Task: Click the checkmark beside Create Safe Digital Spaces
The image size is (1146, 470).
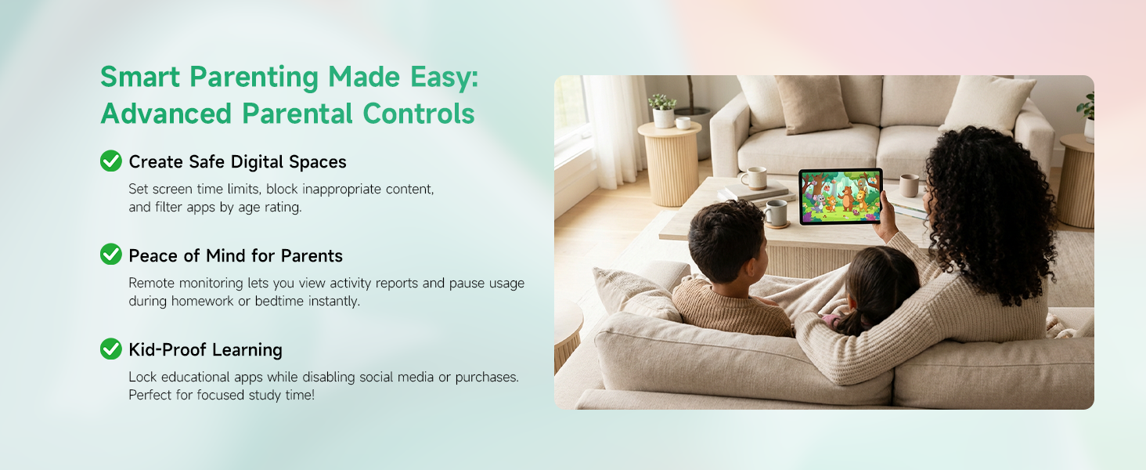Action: [x=111, y=161]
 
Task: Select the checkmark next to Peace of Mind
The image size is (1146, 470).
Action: [x=111, y=255]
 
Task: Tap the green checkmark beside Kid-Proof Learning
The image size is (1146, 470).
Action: [x=111, y=349]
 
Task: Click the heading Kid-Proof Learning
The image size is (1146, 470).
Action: [x=205, y=349]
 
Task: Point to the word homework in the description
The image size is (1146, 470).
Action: [x=206, y=301]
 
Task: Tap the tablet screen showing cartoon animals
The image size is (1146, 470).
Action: [x=839, y=196]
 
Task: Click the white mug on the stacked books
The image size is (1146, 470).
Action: [x=754, y=178]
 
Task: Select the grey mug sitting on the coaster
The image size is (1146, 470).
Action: [x=776, y=212]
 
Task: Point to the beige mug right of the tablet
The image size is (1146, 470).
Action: [x=909, y=185]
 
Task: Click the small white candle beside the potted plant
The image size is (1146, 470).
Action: [x=683, y=122]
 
